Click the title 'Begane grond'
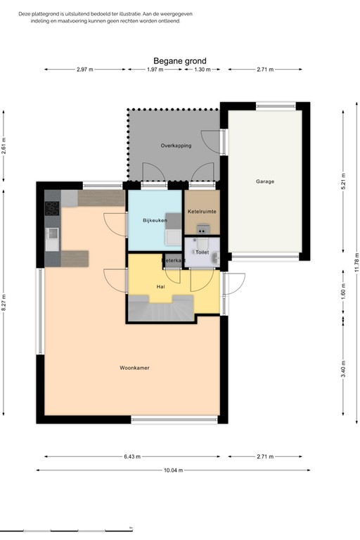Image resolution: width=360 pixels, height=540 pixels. coord(179,61)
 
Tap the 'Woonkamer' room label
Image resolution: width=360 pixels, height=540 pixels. coord(134,367)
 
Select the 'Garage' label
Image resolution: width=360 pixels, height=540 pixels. coord(264,181)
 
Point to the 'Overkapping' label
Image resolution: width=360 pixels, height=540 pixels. coord(176,146)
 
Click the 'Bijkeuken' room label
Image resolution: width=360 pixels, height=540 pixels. coord(154,221)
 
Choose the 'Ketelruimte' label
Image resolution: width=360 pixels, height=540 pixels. coord(202,212)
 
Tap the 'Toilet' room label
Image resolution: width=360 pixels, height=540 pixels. coord(202,251)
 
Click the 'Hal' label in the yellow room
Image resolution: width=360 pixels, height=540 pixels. coord(160,287)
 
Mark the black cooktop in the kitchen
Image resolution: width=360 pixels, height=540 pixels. coord(52,208)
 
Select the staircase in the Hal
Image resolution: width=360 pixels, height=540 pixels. coord(160,308)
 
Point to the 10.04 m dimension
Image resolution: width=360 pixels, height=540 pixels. coord(172,470)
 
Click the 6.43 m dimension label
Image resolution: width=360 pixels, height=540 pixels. coord(131,456)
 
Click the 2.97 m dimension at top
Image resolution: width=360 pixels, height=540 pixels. coord(84,70)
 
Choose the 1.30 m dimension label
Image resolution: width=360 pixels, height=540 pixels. coord(202,70)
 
